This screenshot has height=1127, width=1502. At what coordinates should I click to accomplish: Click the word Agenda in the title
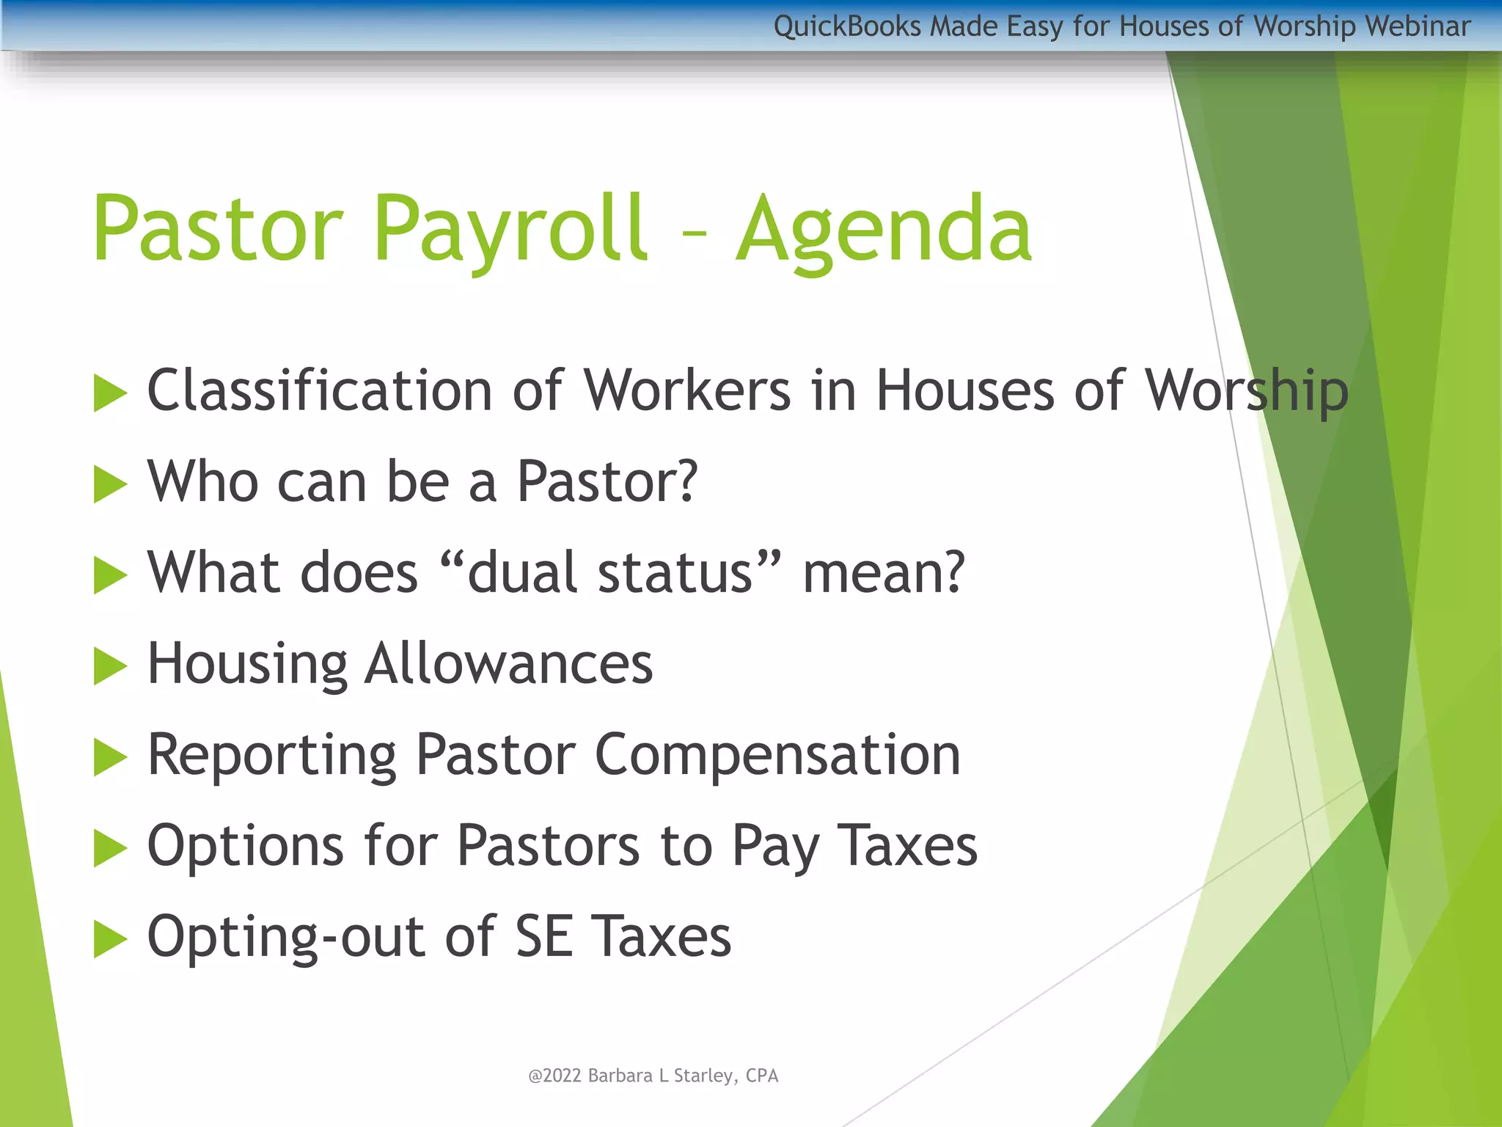click(x=884, y=229)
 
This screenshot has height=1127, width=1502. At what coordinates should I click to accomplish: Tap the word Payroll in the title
click(x=510, y=229)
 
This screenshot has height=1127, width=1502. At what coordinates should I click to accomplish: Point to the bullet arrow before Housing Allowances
click(x=111, y=666)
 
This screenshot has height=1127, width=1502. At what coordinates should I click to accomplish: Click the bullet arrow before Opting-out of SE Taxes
click(x=111, y=939)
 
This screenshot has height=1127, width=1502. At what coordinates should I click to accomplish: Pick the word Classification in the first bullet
click(x=320, y=390)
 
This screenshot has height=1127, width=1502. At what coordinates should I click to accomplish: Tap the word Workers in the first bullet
click(x=687, y=390)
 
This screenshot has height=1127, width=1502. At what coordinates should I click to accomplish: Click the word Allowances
click(x=509, y=664)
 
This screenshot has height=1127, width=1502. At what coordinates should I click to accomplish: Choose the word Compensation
click(x=777, y=755)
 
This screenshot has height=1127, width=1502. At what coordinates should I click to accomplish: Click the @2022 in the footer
click(x=554, y=1076)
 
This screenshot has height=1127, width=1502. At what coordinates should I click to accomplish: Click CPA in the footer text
click(x=762, y=1076)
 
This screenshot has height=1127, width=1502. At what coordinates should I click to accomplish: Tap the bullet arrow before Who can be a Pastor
click(x=111, y=484)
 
